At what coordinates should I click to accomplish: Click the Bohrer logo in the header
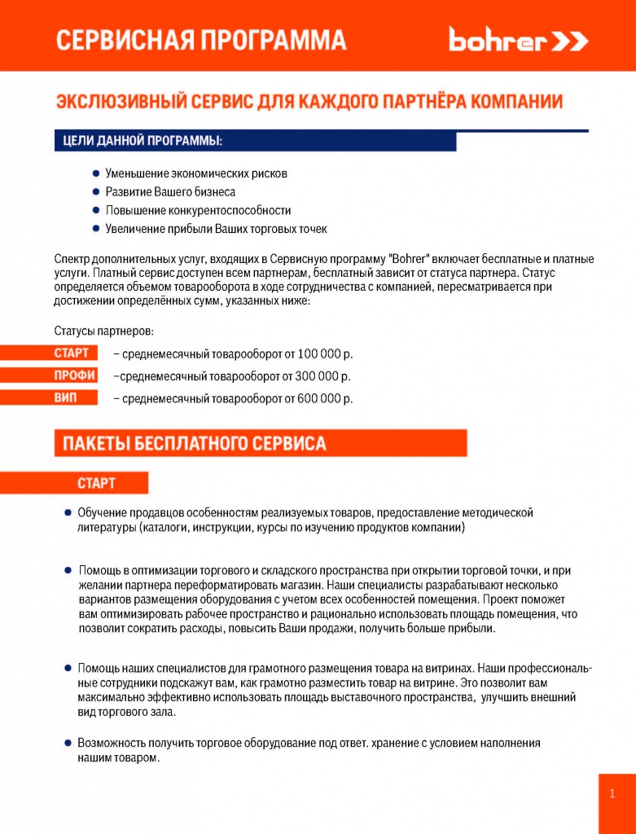click(x=518, y=41)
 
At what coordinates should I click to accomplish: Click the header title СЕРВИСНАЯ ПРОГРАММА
click(x=200, y=41)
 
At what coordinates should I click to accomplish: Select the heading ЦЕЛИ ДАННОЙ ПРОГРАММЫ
click(x=143, y=142)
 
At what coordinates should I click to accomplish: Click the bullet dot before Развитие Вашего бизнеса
click(x=96, y=192)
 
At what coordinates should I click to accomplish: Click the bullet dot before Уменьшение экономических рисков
click(x=96, y=173)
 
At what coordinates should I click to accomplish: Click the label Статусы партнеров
click(x=103, y=331)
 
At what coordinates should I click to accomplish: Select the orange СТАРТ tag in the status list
click(x=71, y=353)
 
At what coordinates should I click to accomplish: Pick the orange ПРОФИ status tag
click(x=74, y=375)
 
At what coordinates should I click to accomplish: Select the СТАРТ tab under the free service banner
click(x=96, y=483)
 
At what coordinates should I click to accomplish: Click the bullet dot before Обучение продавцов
click(x=68, y=513)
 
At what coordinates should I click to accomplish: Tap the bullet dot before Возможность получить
click(x=68, y=743)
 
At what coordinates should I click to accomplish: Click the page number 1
click(x=612, y=794)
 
